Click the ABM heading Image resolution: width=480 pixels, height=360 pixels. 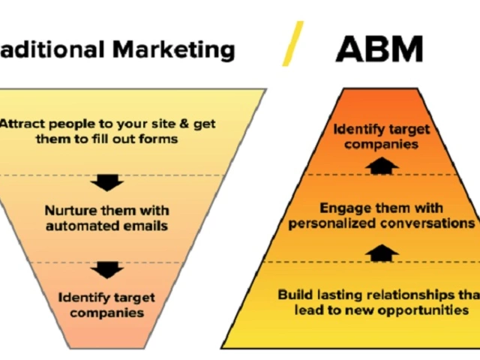(x=379, y=49)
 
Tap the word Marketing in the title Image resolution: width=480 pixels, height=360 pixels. (x=174, y=49)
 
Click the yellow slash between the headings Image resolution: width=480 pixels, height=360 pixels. (x=292, y=43)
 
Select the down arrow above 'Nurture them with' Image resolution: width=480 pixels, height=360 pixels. (x=106, y=183)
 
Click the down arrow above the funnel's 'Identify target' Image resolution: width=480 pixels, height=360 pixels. (x=106, y=270)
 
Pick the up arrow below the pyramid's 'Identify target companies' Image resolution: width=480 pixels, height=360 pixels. (x=382, y=166)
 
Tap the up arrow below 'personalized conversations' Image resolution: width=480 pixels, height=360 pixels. (x=382, y=253)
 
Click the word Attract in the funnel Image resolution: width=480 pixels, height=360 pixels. (x=22, y=124)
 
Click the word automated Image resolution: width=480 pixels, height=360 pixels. (x=82, y=226)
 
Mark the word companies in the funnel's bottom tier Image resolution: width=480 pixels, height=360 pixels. (x=106, y=313)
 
